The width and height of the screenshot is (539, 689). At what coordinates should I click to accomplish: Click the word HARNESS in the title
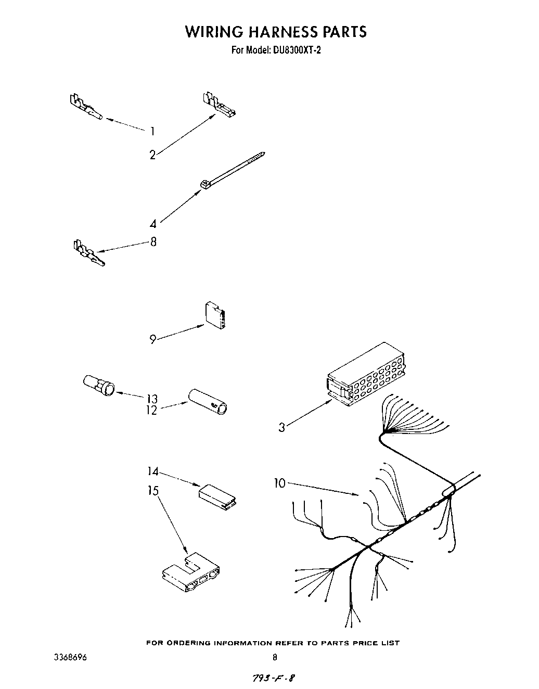tap(272, 32)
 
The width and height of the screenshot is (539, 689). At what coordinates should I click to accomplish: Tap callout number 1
tap(152, 131)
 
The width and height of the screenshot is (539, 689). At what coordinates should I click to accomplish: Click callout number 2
tap(152, 155)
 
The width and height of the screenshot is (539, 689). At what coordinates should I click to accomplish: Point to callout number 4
tap(153, 224)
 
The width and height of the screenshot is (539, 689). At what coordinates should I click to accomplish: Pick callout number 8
tap(153, 242)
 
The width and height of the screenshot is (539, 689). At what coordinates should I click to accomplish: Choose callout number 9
tap(153, 340)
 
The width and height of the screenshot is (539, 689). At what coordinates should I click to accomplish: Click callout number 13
tap(152, 399)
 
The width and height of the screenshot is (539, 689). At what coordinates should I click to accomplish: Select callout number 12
tap(151, 410)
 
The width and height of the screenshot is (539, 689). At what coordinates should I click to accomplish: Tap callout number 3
tap(281, 428)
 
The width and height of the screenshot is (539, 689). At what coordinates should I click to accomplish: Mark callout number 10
tap(280, 483)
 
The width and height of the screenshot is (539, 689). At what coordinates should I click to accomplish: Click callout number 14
tap(152, 472)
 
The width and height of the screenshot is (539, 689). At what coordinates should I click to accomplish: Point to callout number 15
tap(153, 491)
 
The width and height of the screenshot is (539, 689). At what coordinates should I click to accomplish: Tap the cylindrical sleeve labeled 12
tap(210, 401)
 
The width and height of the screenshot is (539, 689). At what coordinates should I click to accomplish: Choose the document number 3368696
tap(70, 657)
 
